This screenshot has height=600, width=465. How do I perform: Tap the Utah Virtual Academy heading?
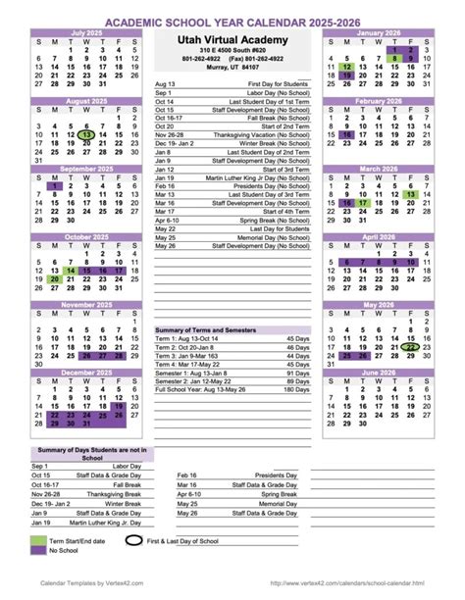[x=232, y=37]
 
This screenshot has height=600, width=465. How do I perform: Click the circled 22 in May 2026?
[x=412, y=346]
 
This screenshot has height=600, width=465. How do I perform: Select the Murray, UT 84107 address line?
[x=232, y=69]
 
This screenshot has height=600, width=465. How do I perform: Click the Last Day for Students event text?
[x=274, y=228]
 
